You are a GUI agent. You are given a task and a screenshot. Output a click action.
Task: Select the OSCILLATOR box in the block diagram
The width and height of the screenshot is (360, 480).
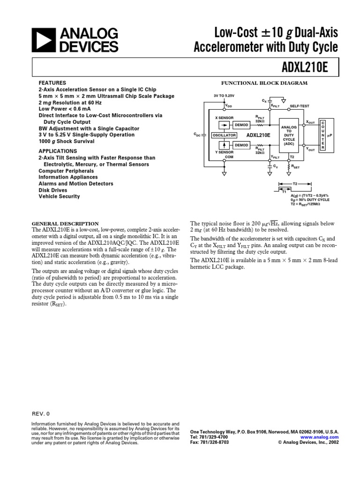[x=224, y=135]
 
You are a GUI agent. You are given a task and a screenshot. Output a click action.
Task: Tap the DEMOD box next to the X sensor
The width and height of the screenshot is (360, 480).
[x=241, y=125]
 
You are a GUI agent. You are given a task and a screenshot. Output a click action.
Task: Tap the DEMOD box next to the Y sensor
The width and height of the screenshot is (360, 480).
[x=241, y=145]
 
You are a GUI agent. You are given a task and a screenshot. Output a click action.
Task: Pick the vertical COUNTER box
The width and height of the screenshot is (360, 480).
[x=322, y=135]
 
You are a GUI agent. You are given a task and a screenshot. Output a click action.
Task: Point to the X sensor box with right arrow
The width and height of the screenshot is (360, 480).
[x=225, y=125]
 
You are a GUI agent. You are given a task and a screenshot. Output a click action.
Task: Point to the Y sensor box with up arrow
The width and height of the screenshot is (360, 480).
[x=225, y=145]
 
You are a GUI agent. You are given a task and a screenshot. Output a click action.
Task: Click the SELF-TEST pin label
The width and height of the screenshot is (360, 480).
[x=300, y=106]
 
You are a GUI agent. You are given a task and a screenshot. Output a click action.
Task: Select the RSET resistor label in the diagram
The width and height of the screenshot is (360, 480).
[x=296, y=166]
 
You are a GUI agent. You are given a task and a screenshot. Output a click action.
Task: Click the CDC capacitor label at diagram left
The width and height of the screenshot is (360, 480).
[x=197, y=135]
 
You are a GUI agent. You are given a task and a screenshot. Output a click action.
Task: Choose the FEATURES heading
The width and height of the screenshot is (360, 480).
[x=52, y=82]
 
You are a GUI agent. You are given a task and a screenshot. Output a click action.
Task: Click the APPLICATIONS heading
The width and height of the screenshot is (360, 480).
[x=58, y=151]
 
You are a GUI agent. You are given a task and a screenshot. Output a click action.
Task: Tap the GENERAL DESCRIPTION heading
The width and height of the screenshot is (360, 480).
[x=65, y=224]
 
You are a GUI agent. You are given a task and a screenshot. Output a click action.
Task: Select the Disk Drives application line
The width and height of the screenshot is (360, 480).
[x=52, y=190]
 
